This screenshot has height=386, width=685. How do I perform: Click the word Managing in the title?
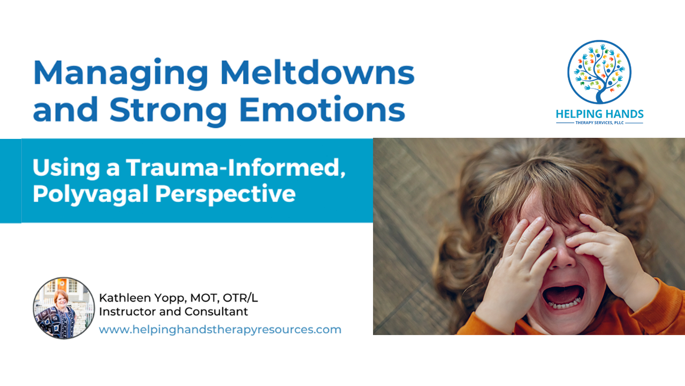tap(121, 74)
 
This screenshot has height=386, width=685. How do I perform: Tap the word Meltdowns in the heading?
tap(317, 72)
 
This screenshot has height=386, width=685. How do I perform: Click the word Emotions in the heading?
tap(322, 108)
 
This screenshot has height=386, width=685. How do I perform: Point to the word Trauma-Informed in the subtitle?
tap(236, 167)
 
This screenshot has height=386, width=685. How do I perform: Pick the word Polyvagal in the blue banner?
tap(90, 194)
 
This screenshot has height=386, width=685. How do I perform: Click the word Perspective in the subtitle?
tap(225, 194)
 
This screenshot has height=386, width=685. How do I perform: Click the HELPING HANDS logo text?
tap(600, 114)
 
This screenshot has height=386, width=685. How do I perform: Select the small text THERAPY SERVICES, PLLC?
tap(600, 123)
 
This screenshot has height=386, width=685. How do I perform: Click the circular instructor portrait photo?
tap(64, 308)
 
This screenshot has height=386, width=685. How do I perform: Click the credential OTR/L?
tap(240, 298)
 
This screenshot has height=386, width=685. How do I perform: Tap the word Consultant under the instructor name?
tap(216, 311)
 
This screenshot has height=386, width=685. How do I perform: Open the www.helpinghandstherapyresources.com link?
tap(220, 330)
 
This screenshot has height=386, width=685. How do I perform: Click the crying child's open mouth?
tap(563, 296)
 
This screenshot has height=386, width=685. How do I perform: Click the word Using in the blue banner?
tap(66, 168)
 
